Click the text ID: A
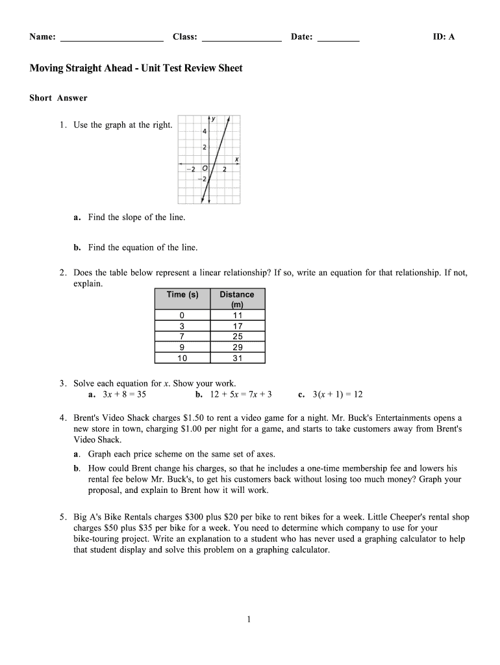(x=444, y=37)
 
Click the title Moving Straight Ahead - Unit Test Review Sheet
(x=136, y=68)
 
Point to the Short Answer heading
(x=58, y=98)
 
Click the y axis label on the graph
(x=214, y=119)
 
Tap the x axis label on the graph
(x=236, y=158)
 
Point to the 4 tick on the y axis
(x=205, y=132)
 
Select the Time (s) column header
(x=182, y=295)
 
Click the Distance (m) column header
(x=237, y=299)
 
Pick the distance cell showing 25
(x=237, y=336)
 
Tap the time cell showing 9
(x=182, y=347)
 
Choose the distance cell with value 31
(x=237, y=358)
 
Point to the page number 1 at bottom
(x=249, y=620)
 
